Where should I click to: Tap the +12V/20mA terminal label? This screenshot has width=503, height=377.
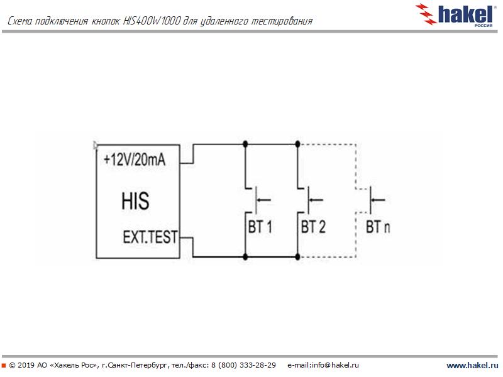pyautogui.click(x=135, y=160)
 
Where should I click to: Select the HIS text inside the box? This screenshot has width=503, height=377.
pyautogui.click(x=135, y=202)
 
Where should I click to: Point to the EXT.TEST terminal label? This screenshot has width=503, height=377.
pyautogui.click(x=150, y=238)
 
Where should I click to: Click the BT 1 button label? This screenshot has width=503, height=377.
pyautogui.click(x=260, y=227)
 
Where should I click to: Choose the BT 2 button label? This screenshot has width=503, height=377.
pyautogui.click(x=313, y=227)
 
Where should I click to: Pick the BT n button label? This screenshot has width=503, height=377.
pyautogui.click(x=377, y=227)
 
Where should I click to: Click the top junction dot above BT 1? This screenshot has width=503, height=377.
pyautogui.click(x=245, y=143)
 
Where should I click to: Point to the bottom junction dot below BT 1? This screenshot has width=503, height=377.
pyautogui.click(x=245, y=257)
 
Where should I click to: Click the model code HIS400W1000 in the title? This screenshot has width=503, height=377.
pyautogui.click(x=155, y=22)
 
